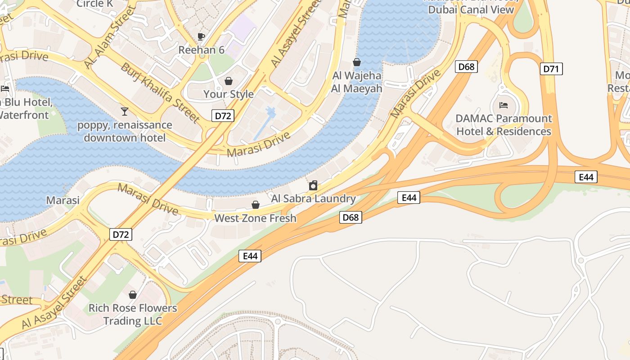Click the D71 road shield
pos(551,69)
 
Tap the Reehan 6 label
pos(201,49)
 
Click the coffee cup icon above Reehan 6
pos(201,36)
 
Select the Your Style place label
pos(229,94)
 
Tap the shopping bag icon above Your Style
pos(229,81)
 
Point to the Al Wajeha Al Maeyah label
pos(356,82)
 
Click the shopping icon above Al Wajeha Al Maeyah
pos(357,62)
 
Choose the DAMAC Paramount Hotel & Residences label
pos(504,125)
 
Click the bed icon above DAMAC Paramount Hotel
pos(504,106)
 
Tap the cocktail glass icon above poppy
pos(125,111)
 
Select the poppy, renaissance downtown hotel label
pos(125,131)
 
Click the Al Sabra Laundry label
pos(313,198)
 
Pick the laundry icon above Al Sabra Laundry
pos(313,185)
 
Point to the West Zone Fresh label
pos(255,218)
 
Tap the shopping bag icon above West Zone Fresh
pos(256,205)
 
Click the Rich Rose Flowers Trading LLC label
pos(133,315)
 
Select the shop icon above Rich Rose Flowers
pos(133,295)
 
